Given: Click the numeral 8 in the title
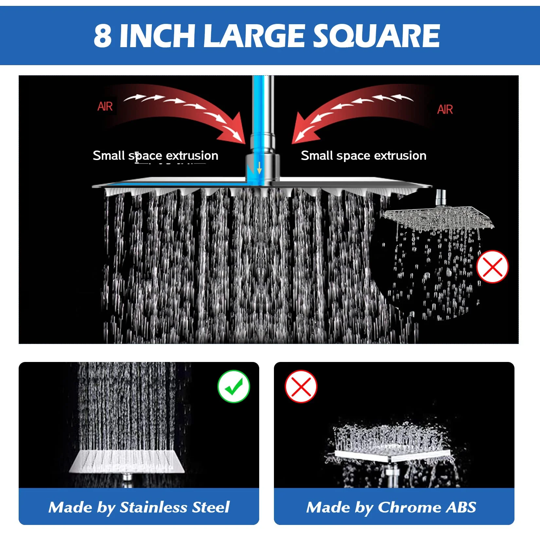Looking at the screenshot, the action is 102,36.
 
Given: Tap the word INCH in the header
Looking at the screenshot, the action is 158,36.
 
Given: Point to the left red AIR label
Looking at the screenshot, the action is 105,106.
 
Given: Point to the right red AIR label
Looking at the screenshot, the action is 445,110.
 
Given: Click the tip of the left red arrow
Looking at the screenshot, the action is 245,143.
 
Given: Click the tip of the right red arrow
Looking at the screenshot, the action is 292,143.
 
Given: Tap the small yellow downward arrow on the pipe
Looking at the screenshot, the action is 259,167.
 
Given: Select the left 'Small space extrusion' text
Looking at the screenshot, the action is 155,156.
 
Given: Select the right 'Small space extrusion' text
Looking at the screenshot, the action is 364,156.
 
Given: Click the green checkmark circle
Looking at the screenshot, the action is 234,387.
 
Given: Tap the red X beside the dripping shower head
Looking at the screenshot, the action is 492,267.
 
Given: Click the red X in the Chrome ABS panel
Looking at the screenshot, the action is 301,387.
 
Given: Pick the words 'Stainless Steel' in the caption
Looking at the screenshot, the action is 175,508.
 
